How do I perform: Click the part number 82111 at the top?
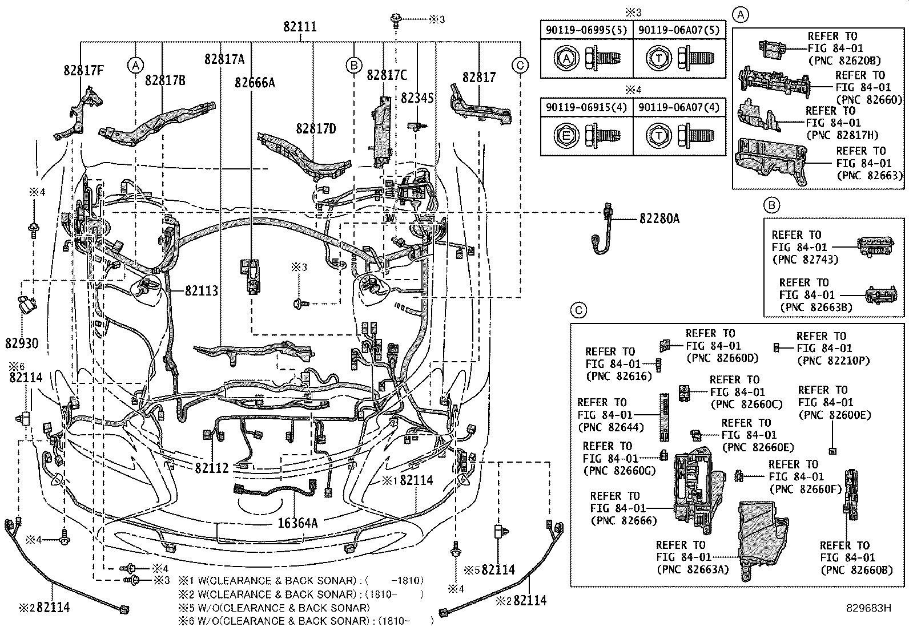300,27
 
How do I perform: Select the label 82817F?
83,71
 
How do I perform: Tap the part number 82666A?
255,83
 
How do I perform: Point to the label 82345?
417,98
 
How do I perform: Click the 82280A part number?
659,219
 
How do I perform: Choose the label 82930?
22,343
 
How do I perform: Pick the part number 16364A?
297,523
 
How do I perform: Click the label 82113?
202,291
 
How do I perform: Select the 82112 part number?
212,468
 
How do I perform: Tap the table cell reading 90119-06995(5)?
586,30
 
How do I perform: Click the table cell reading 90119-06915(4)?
586,107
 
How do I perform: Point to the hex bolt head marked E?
566,135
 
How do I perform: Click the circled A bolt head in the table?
566,58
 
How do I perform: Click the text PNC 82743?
805,260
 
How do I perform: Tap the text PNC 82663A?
693,570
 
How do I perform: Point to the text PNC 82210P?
834,361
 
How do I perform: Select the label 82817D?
316,129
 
